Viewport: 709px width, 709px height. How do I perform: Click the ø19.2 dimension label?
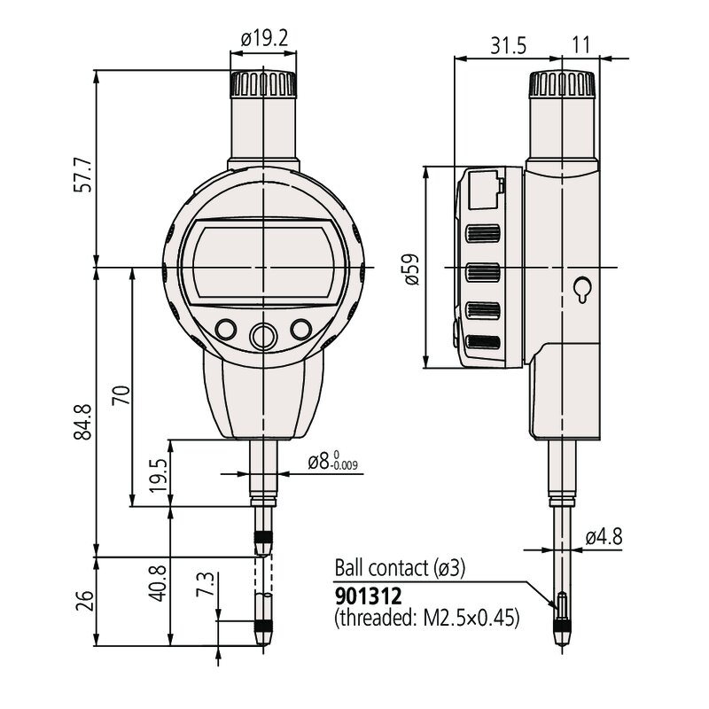point(263,38)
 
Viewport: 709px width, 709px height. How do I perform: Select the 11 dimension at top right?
point(580,45)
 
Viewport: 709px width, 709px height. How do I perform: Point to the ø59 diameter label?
point(411,268)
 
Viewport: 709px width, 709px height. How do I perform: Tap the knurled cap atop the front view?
point(263,86)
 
